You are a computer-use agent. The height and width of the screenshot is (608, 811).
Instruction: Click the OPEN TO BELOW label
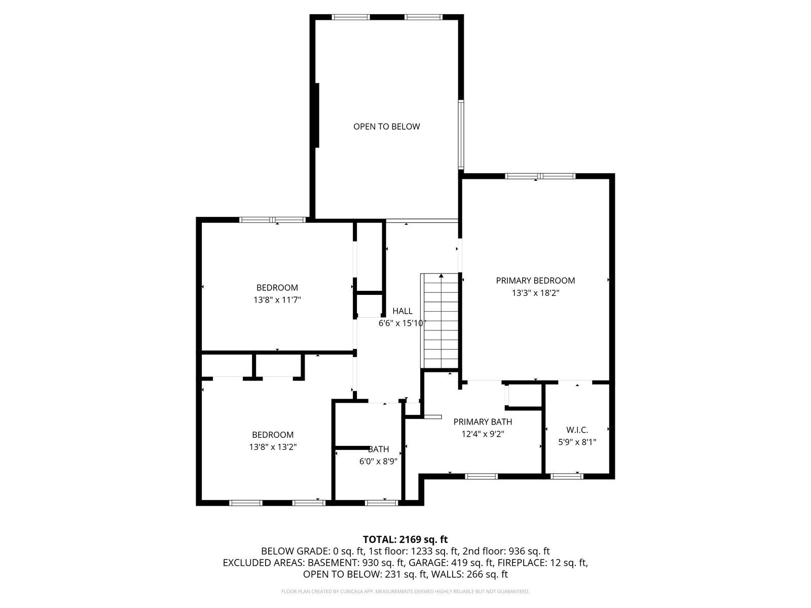pyautogui.click(x=386, y=127)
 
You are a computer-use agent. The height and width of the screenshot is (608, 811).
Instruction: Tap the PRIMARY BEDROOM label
pyautogui.click(x=535, y=281)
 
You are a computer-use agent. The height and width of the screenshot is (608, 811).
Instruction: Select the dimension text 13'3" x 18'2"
pyautogui.click(x=535, y=293)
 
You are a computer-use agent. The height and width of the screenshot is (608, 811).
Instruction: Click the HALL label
pyautogui.click(x=402, y=311)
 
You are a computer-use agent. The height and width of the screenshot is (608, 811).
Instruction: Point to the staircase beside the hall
pyautogui.click(x=439, y=321)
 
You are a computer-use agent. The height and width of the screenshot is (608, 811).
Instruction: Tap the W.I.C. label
pyautogui.click(x=577, y=430)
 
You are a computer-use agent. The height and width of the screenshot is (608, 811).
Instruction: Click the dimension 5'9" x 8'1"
pyautogui.click(x=577, y=442)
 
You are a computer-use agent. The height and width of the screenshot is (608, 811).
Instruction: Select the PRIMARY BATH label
pyautogui.click(x=483, y=422)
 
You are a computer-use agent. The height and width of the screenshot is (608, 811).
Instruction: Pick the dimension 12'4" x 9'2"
pyautogui.click(x=483, y=434)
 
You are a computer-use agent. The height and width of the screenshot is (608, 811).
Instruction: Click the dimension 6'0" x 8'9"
pyautogui.click(x=378, y=461)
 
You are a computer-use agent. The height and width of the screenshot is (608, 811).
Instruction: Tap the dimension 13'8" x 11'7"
pyautogui.click(x=277, y=300)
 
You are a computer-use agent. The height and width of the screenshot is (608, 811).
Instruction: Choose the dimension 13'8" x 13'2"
pyautogui.click(x=273, y=447)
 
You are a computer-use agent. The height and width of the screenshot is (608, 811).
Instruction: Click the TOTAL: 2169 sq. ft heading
pyautogui.click(x=405, y=539)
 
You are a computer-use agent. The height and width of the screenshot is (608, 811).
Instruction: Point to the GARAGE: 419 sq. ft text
pyautogui.click(x=472, y=562)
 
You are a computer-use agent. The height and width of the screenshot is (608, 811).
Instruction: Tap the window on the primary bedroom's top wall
pyautogui.click(x=540, y=176)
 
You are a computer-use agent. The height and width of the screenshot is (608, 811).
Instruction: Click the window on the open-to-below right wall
pyautogui.click(x=461, y=134)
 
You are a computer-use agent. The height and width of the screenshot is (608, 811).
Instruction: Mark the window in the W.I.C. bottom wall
pyautogui.click(x=566, y=476)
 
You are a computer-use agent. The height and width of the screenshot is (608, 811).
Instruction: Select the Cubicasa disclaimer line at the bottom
pyautogui.click(x=405, y=591)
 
